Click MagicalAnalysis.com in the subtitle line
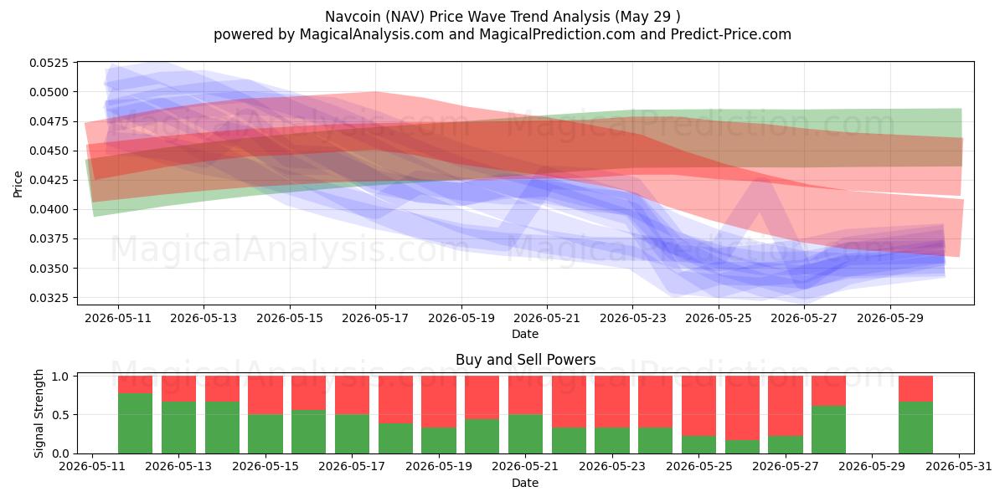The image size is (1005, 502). (x=372, y=34)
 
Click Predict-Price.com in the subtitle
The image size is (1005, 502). (x=731, y=34)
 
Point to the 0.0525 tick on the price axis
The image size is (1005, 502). (x=49, y=63)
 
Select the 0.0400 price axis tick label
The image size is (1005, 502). (x=49, y=209)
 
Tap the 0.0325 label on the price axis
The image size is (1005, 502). (x=49, y=298)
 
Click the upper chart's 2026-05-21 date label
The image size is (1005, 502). (x=547, y=318)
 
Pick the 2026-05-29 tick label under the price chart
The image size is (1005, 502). (x=890, y=318)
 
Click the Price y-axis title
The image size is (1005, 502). (x=18, y=184)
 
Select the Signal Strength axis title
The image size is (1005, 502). (x=39, y=413)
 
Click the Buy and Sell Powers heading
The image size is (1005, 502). (x=525, y=360)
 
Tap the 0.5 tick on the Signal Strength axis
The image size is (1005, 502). (x=60, y=415)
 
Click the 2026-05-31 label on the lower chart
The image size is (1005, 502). (x=959, y=466)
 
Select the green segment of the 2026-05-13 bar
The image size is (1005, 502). (x=178, y=428)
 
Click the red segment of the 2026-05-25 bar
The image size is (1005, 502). (x=698, y=406)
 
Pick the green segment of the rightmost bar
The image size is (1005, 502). (x=915, y=428)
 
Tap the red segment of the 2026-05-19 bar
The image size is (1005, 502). (x=438, y=402)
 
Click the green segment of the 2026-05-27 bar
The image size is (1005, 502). (x=786, y=444)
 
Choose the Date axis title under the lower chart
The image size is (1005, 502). (x=525, y=484)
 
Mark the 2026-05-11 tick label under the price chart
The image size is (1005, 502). (x=118, y=318)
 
